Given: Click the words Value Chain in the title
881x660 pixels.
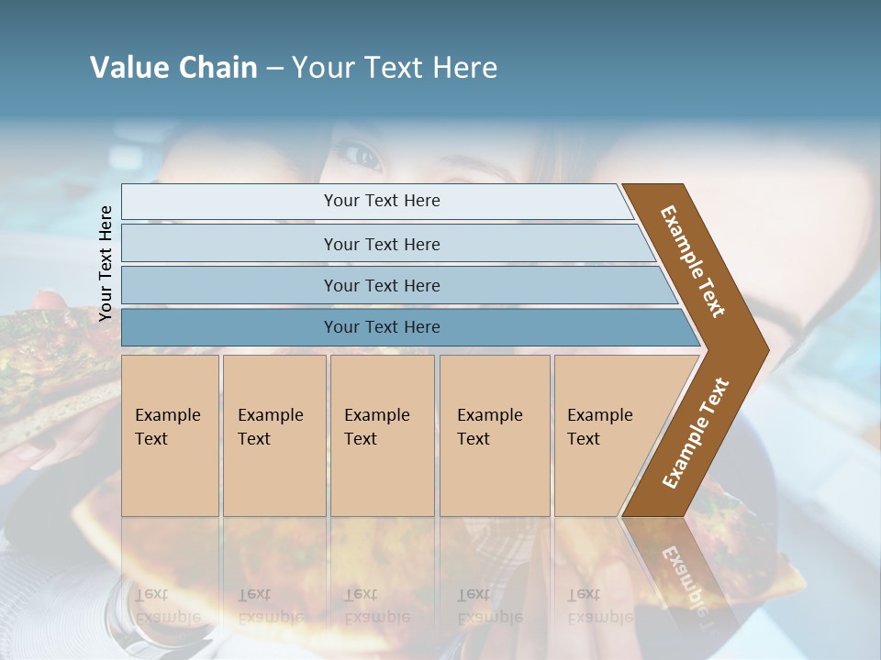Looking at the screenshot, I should [x=173, y=68].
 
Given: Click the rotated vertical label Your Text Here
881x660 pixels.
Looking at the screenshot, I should [x=106, y=263].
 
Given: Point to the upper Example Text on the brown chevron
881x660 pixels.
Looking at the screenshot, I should [x=693, y=261].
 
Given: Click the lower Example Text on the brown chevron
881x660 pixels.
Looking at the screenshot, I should [x=695, y=434].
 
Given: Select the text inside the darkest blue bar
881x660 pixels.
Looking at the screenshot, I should [x=382, y=327].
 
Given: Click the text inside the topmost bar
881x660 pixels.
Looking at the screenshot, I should [x=382, y=201].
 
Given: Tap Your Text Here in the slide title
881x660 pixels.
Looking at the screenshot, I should [x=395, y=68].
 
